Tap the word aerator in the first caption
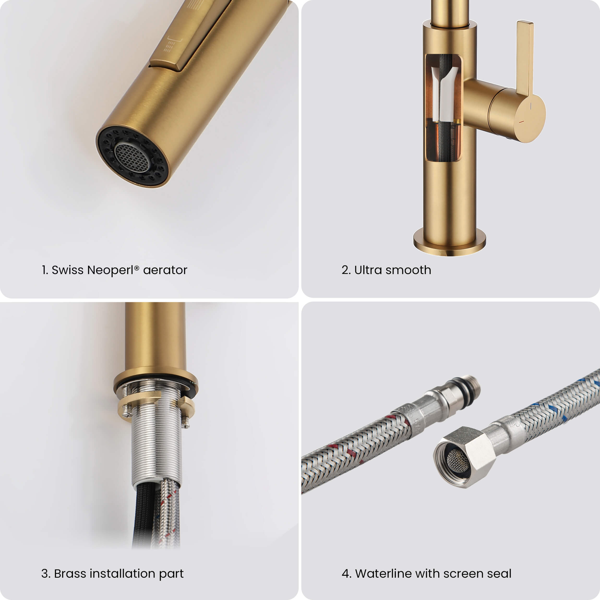click(x=165, y=270)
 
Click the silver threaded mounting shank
click(x=156, y=447)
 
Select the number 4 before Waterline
click(x=345, y=574)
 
